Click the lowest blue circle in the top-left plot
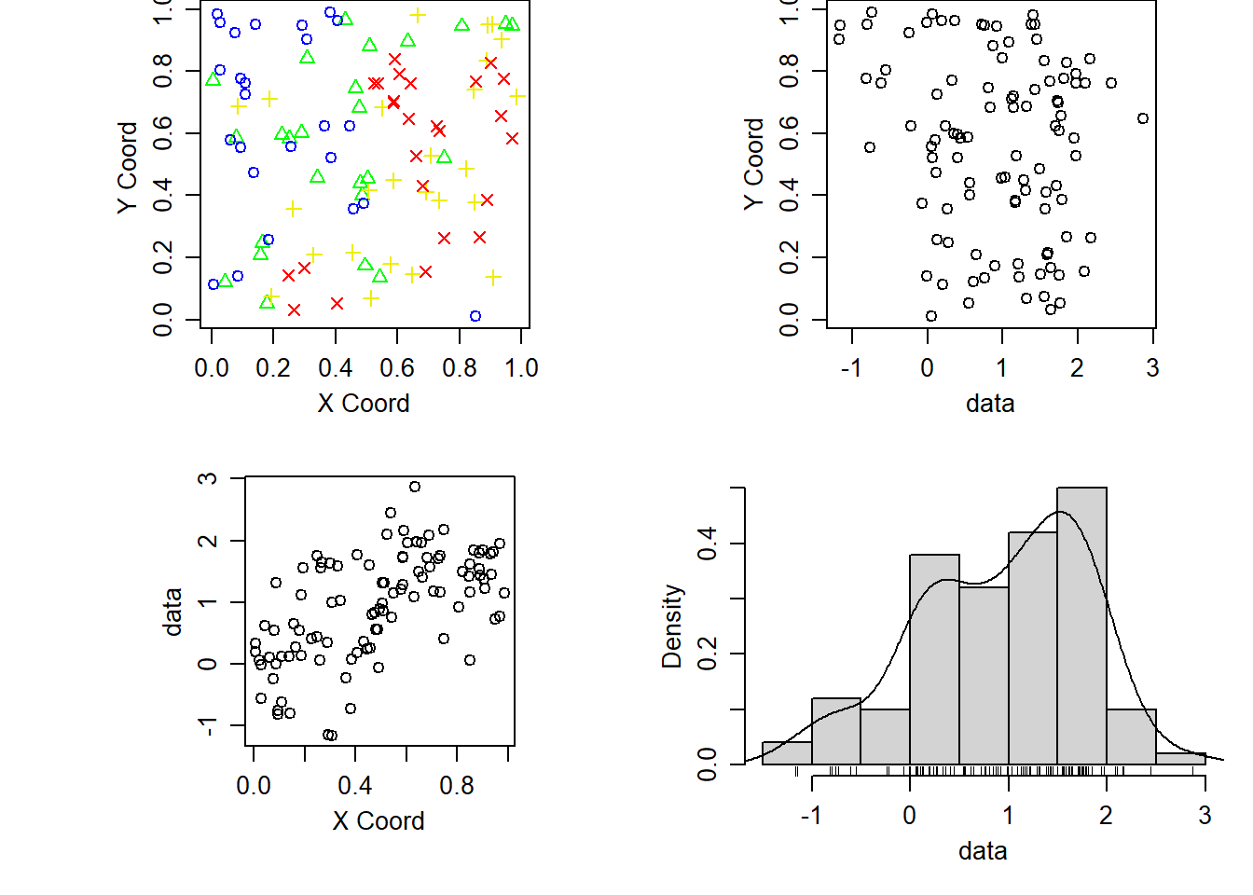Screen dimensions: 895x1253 (475, 316)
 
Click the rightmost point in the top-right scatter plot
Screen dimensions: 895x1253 (1143, 118)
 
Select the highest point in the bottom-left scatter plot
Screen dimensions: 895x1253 (415, 487)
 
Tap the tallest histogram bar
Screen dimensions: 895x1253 (1081, 625)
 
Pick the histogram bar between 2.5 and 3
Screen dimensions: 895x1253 (1180, 759)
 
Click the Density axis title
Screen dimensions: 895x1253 (672, 626)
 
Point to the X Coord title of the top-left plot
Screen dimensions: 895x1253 (364, 403)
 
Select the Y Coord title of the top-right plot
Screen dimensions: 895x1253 (753, 164)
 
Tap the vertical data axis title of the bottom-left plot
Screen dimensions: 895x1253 (172, 612)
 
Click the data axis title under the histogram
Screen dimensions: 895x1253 (983, 850)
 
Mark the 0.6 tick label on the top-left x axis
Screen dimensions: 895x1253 (397, 367)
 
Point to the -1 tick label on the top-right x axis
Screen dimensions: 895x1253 (850, 367)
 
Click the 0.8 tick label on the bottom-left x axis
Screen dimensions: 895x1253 (457, 785)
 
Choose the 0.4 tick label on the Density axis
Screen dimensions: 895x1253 (708, 543)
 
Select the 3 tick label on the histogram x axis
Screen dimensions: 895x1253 (1205, 815)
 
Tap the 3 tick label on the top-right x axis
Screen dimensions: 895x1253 (1152, 367)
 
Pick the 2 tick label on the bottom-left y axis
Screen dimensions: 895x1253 (208, 541)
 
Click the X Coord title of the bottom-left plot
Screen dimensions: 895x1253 (379, 820)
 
